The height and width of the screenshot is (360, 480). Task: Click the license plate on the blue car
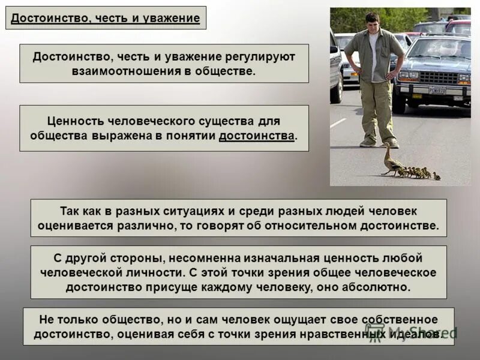pos(437,90)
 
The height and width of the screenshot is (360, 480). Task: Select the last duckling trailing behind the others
pos(436,176)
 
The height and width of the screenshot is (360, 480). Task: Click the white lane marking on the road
pos(338,122)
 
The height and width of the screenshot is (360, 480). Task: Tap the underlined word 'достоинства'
pos(257,136)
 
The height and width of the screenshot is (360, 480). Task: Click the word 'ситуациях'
pos(193,211)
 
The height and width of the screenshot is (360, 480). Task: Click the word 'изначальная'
pos(278,258)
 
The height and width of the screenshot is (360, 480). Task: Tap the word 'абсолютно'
pos(379,287)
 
